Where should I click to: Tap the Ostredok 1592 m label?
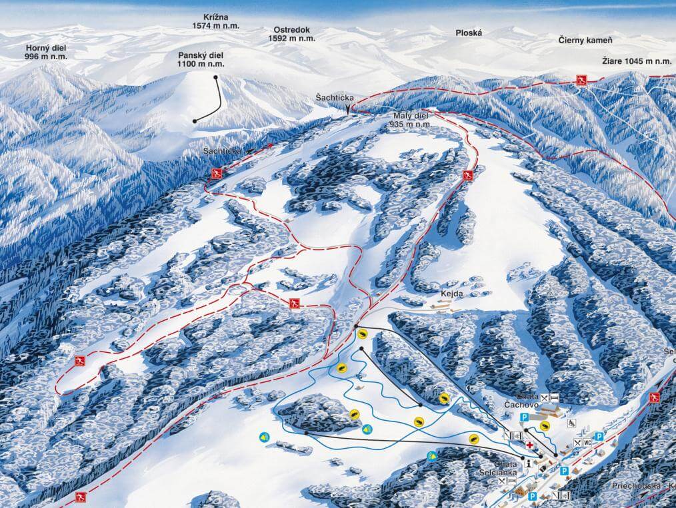click(291, 34)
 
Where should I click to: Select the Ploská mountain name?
click(468, 33)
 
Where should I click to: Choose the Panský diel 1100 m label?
click(201, 60)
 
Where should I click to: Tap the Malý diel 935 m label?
click(411, 120)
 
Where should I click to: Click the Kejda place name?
click(451, 292)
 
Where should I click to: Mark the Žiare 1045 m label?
click(635, 61)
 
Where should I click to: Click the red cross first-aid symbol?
click(530, 444)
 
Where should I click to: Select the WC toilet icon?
click(587, 443)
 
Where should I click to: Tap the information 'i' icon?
click(527, 463)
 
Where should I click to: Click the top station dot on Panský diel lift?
click(217, 78)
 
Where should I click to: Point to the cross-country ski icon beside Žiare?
click(581, 81)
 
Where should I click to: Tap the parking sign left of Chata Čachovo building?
click(524, 417)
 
